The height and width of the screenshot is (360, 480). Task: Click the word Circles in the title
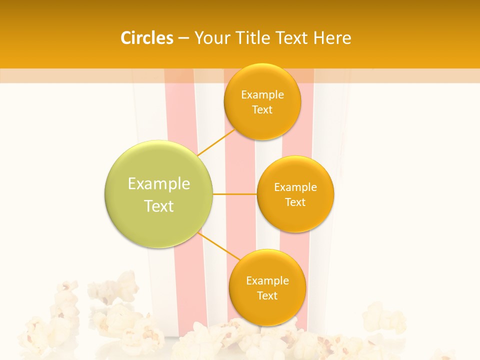tap(146, 38)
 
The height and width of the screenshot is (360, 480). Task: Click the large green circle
tap(159, 194)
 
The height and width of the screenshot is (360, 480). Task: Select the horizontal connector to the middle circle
tap(235, 194)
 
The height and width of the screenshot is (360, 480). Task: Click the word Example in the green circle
tap(159, 184)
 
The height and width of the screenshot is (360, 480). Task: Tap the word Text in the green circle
tap(159, 206)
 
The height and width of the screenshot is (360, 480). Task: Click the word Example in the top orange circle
tap(262, 94)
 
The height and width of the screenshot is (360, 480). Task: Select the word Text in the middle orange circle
tap(295, 202)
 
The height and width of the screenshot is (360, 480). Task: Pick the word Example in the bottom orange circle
tap(267, 280)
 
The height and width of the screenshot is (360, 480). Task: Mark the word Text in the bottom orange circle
tap(267, 295)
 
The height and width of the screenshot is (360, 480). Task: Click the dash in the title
tap(183, 38)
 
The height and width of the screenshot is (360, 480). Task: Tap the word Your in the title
tap(210, 38)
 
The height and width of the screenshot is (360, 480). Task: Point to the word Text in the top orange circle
tap(262, 109)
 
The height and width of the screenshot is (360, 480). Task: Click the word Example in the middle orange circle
tap(295, 187)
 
